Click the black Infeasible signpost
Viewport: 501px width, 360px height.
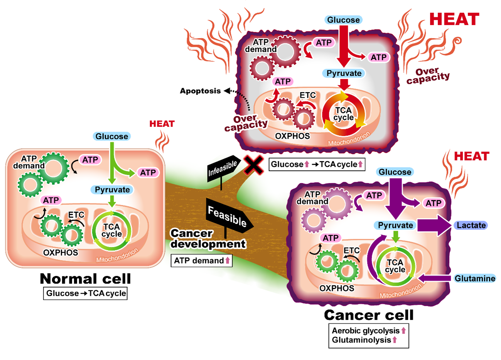[x=223, y=169]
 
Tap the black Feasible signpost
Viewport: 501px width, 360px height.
[x=228, y=216]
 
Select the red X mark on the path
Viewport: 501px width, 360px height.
[x=253, y=165]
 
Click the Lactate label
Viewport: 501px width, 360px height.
[x=471, y=225]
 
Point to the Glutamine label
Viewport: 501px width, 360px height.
[x=474, y=278]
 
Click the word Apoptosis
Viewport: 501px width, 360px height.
[x=200, y=91]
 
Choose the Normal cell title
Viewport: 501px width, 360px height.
[x=85, y=279]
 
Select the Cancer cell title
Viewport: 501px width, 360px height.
[x=369, y=315]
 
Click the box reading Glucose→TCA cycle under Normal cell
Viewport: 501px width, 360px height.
[x=86, y=293]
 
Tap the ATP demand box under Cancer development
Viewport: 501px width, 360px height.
[x=201, y=261]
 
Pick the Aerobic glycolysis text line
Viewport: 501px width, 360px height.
[x=366, y=331]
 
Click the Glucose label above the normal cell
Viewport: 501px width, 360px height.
[x=112, y=136]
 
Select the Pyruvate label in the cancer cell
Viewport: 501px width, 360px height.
[x=395, y=225]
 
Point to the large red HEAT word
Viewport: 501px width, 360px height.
[x=454, y=19]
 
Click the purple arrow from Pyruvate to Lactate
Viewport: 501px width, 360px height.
[x=434, y=225]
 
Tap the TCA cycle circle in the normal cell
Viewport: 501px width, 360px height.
[x=112, y=230]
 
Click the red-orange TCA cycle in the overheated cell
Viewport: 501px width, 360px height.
[x=343, y=114]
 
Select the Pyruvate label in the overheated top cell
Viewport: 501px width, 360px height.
[x=344, y=73]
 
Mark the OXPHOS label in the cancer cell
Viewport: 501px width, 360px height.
[x=337, y=288]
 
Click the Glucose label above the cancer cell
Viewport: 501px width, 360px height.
[x=395, y=172]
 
